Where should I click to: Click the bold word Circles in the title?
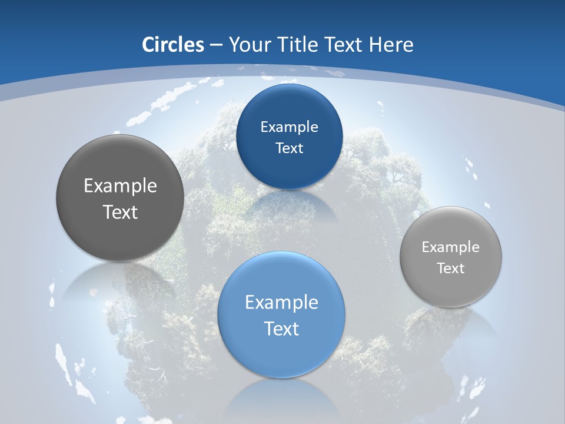172,45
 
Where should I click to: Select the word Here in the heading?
391,45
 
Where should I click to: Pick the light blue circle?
281,353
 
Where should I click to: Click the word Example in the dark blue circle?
290,127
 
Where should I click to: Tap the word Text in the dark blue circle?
290,148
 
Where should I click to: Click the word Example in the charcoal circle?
120,185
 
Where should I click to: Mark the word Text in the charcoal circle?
120,212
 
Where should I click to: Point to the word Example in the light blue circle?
281,302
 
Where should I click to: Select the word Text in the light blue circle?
281,329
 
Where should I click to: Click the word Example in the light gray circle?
451,247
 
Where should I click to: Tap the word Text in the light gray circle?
451,268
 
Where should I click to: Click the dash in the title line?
216,45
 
